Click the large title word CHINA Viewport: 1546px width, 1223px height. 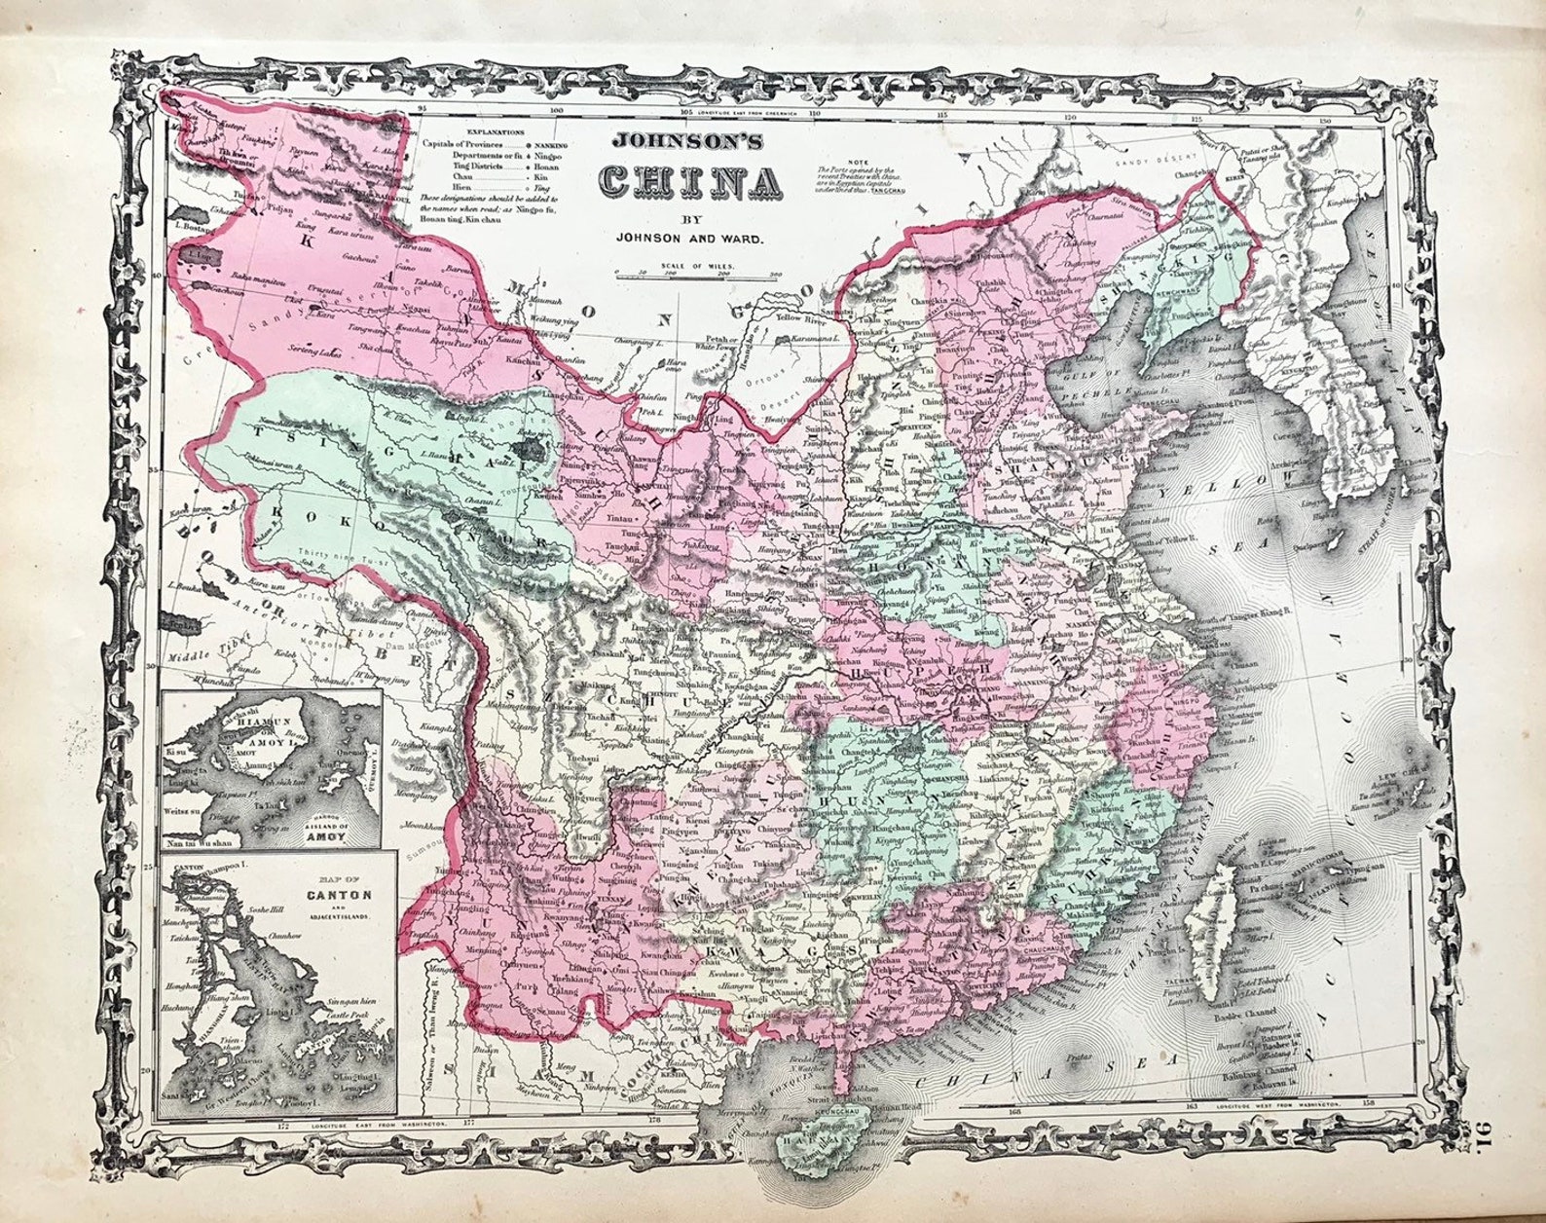(691, 182)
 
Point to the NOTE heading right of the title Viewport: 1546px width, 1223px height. (858, 163)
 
